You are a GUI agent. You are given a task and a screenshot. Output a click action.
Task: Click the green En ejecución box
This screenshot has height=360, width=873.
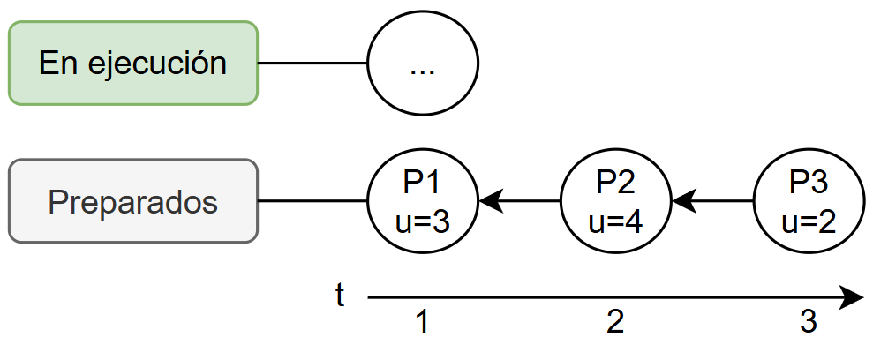click(132, 64)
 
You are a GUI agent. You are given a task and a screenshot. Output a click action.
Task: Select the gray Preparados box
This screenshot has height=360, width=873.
click(132, 201)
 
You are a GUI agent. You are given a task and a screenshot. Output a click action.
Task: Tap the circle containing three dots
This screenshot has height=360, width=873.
click(423, 64)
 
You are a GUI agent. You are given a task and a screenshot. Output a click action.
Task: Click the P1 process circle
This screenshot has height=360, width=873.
click(423, 201)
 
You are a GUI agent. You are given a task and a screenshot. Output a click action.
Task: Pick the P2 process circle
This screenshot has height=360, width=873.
click(616, 201)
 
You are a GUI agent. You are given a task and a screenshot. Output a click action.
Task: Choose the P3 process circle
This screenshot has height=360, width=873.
click(809, 201)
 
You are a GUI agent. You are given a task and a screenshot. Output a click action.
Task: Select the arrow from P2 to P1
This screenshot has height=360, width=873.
click(521, 201)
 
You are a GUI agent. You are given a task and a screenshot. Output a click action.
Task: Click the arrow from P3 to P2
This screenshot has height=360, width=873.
click(713, 201)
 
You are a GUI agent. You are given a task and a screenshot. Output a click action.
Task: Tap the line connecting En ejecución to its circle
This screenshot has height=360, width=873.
click(312, 64)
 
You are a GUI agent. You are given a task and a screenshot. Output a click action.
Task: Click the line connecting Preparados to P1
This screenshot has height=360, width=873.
click(312, 201)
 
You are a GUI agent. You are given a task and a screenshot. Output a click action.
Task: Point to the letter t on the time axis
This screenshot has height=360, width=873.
click(340, 296)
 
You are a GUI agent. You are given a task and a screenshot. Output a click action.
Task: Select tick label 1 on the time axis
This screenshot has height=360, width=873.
click(422, 324)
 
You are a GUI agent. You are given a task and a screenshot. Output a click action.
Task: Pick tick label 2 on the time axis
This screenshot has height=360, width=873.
click(615, 324)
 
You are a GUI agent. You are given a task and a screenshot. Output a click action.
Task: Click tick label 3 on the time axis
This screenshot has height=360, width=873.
click(808, 324)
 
